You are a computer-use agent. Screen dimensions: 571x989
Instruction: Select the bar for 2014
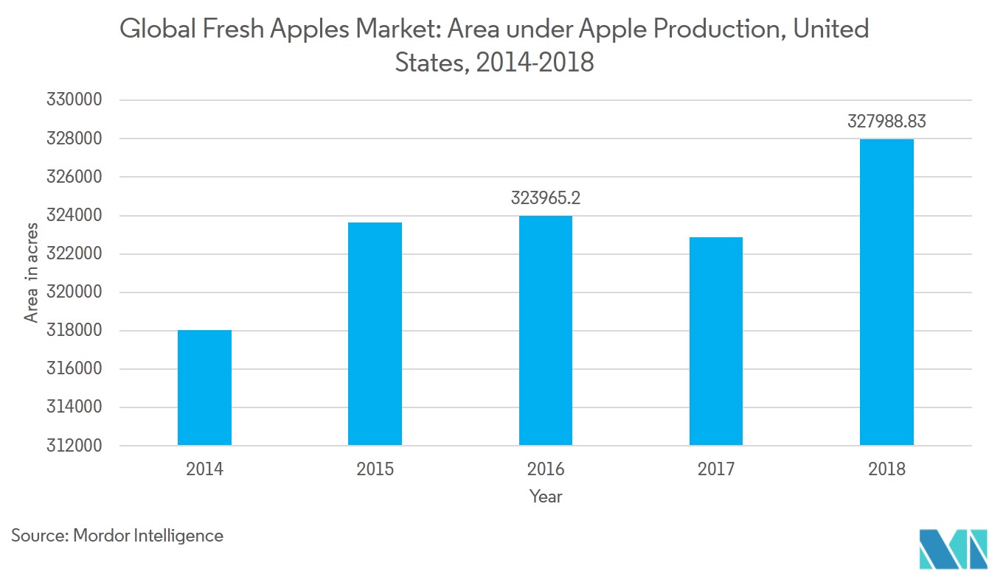tap(204, 388)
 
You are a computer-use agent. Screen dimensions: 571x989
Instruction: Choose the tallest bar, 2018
tap(886, 292)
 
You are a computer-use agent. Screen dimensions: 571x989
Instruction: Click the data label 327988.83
tap(886, 122)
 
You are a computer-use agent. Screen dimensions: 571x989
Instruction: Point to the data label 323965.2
tap(546, 198)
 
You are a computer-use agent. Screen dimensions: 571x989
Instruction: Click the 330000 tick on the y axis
tap(73, 100)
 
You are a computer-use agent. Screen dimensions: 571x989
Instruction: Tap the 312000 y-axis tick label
tap(73, 446)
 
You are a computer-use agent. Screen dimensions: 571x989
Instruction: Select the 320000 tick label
tap(73, 292)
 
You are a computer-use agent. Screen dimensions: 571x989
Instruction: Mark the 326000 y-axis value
tap(73, 177)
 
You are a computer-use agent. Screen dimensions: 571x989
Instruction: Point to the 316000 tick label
tap(73, 369)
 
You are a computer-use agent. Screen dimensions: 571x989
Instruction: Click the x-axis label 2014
tap(204, 469)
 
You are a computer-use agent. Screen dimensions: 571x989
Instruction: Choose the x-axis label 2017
tap(715, 469)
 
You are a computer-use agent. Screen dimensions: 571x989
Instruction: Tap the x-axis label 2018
tap(886, 469)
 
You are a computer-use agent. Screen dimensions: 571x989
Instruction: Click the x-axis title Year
tap(546, 497)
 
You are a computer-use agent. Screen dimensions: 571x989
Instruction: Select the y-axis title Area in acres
tap(32, 273)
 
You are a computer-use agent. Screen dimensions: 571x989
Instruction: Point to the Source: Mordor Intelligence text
tap(117, 536)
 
